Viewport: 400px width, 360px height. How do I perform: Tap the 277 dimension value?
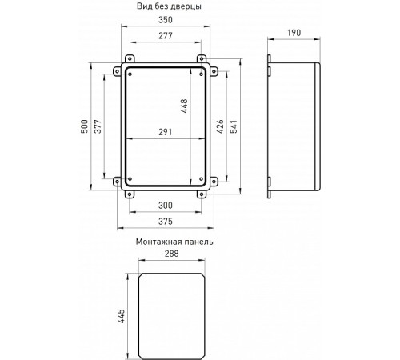(166, 37)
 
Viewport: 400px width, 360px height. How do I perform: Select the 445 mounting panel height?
(120, 314)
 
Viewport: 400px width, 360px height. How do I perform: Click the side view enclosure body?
(298, 128)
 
